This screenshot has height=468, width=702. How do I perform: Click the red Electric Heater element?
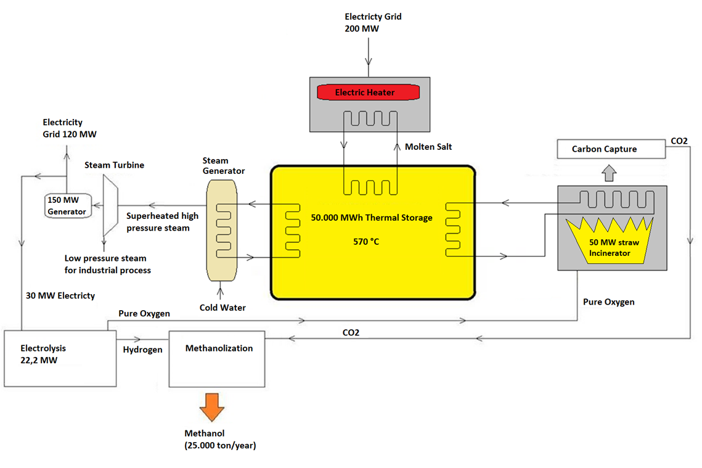click(368, 92)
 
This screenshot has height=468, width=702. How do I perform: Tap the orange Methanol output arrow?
click(212, 408)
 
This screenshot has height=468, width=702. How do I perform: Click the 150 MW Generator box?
click(68, 205)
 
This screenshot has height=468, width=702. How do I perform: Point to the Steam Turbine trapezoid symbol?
click(110, 204)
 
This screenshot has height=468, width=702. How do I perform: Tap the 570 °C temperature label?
click(366, 241)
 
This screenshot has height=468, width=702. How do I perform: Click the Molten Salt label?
click(428, 147)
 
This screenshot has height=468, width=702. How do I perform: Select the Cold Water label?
click(222, 307)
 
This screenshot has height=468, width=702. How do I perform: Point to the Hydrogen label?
click(142, 350)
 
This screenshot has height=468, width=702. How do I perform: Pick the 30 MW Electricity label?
click(60, 295)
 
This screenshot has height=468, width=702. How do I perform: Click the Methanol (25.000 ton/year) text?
click(220, 440)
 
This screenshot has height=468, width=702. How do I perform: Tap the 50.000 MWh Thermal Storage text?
click(372, 218)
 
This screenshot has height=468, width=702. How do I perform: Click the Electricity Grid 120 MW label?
click(70, 128)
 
